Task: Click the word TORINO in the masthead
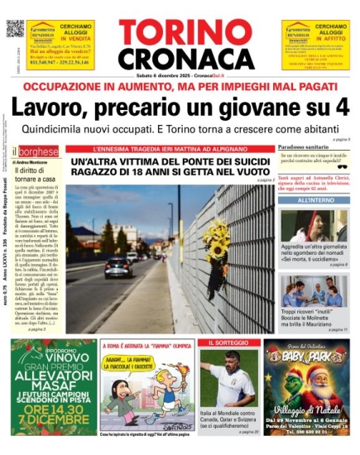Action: (x=179, y=32)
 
